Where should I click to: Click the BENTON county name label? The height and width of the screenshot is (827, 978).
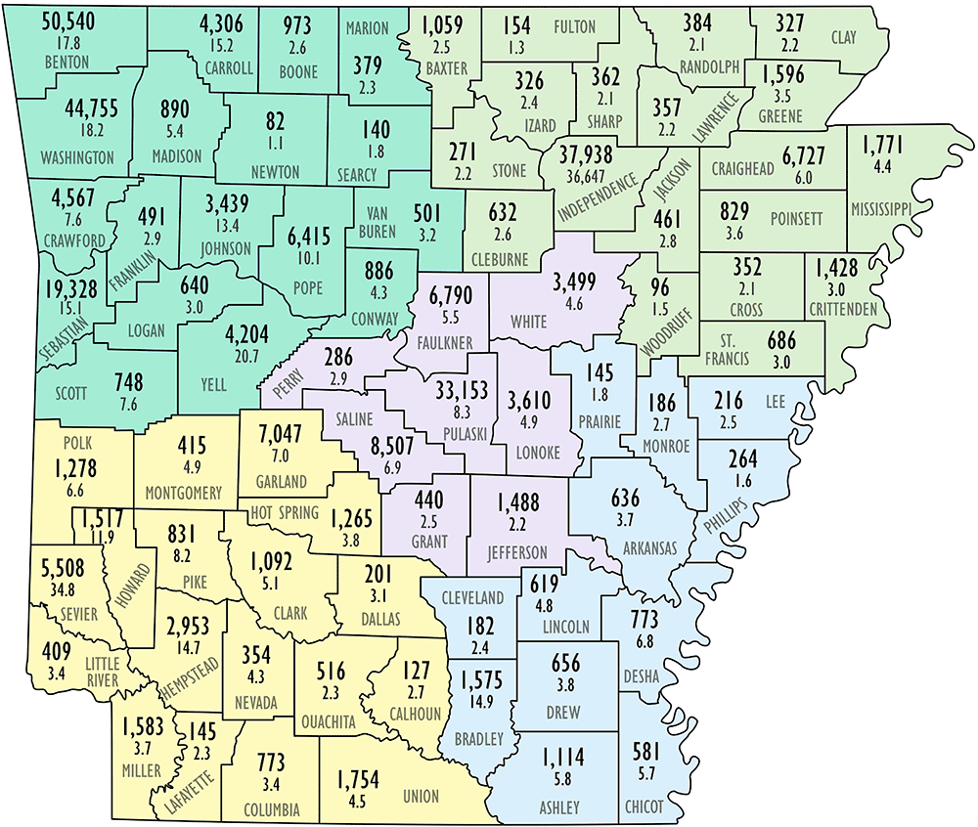66,63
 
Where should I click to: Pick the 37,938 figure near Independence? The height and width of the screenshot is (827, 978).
596,153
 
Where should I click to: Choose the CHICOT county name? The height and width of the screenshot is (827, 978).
645,807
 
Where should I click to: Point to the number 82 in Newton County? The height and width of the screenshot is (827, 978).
275,122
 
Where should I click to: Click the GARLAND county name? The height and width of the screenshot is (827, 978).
282,482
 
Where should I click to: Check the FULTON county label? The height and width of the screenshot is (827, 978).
574,26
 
